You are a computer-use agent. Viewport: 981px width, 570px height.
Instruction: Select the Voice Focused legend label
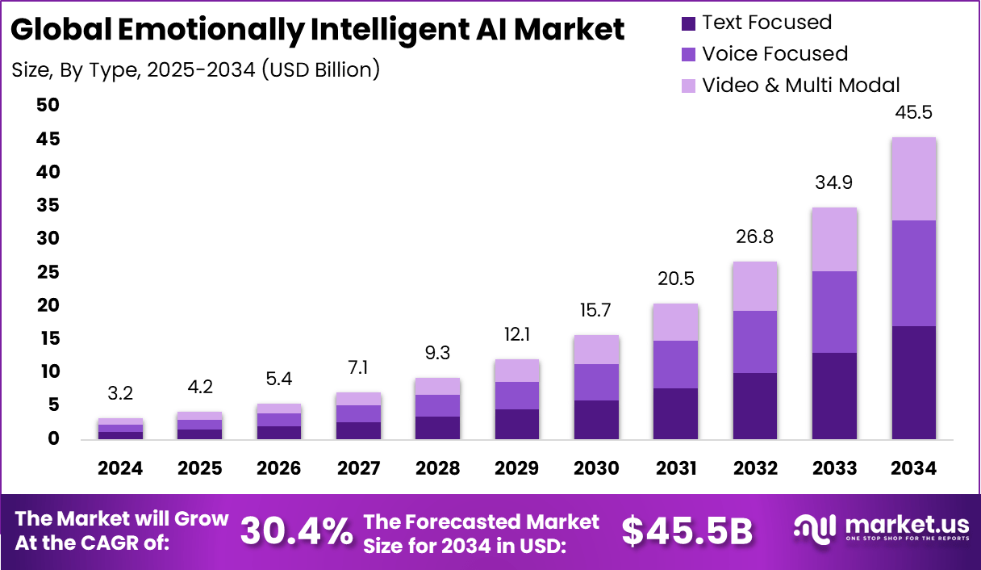(774, 54)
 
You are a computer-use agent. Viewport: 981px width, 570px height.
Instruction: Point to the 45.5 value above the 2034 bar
(913, 112)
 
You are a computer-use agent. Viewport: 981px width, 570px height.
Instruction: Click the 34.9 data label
(834, 183)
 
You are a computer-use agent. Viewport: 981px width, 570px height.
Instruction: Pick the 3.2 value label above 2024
(121, 394)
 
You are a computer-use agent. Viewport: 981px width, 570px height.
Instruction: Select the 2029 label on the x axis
(516, 468)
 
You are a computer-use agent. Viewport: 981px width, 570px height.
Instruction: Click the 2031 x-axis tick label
(675, 468)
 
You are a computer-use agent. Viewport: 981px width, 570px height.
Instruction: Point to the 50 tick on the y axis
(48, 106)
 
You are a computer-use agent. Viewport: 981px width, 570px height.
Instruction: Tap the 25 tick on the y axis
(48, 272)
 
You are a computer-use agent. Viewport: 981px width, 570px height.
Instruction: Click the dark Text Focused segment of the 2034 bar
(913, 383)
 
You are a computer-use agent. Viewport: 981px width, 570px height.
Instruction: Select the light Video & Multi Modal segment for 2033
(834, 239)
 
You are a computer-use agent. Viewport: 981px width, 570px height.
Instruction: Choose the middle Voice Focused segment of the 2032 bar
(754, 342)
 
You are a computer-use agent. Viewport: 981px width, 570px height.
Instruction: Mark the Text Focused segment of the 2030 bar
(596, 420)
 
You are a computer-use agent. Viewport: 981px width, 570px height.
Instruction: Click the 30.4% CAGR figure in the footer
(297, 531)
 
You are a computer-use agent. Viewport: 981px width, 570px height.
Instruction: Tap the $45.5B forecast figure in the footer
(687, 531)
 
